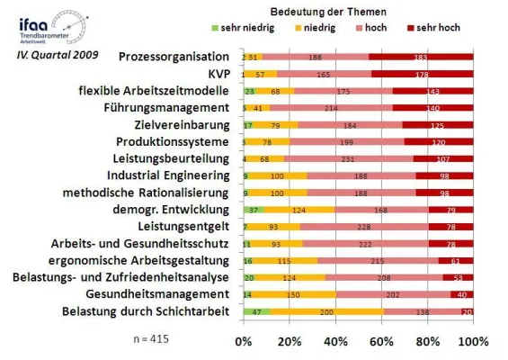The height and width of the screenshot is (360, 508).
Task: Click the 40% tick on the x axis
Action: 334,343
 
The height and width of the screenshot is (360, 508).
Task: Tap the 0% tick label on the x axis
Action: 243,343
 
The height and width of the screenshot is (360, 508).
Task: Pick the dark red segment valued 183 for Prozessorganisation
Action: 421,57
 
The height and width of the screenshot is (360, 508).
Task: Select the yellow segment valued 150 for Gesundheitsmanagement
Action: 292,293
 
